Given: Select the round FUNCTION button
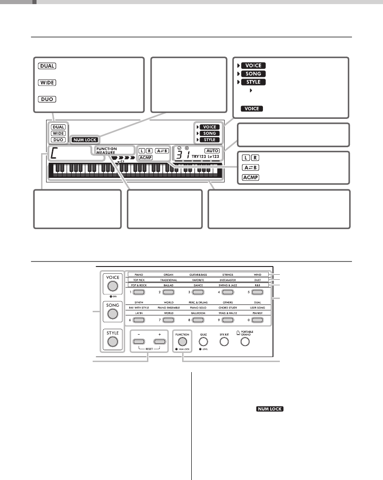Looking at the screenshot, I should coord(182,341).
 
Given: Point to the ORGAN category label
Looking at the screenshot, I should coord(166,275).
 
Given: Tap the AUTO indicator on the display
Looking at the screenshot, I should coord(212,150).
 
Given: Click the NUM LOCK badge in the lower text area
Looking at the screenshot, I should coord(269,409).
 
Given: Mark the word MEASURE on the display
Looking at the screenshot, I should coord(106,153).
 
